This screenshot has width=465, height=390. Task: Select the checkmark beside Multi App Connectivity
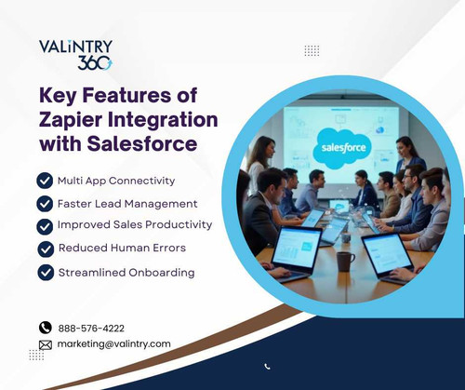point(44,180)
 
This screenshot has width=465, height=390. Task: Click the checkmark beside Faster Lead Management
point(44,203)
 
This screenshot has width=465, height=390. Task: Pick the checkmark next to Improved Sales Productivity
point(44,225)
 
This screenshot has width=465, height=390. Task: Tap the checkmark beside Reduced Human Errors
point(44,249)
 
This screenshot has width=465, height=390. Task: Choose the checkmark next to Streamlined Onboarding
point(44,272)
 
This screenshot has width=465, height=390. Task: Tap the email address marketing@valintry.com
point(113,343)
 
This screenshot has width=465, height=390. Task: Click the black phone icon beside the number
point(45,328)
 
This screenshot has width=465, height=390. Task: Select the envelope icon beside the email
point(45,343)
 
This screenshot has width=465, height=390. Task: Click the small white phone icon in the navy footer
point(268,367)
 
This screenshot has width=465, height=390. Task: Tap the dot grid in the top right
point(312,50)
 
